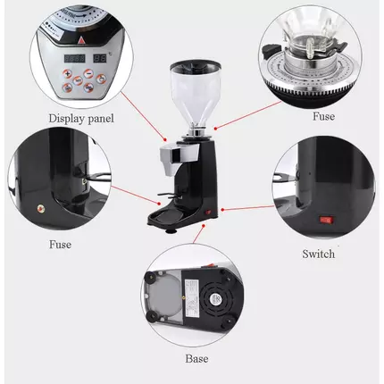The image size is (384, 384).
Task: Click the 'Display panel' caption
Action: (81, 118)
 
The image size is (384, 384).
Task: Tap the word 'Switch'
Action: (319, 254)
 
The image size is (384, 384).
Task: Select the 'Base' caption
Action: (196, 358)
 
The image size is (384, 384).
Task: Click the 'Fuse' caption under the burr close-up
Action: (323, 116)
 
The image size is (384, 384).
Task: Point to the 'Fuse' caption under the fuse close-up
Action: (60, 245)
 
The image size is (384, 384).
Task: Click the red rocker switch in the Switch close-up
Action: (326, 220)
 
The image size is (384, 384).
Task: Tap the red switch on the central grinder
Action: (208, 213)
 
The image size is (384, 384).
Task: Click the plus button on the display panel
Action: (68, 74)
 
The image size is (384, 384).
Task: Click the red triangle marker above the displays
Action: (80, 41)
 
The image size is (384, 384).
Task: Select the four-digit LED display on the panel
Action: (75, 58)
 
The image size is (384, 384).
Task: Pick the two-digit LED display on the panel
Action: (100, 58)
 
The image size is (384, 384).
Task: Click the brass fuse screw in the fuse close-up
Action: (39, 208)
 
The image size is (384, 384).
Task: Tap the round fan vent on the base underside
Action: (215, 297)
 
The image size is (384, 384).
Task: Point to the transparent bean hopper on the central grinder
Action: (196, 92)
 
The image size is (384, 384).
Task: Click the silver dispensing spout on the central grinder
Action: (179, 154)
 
